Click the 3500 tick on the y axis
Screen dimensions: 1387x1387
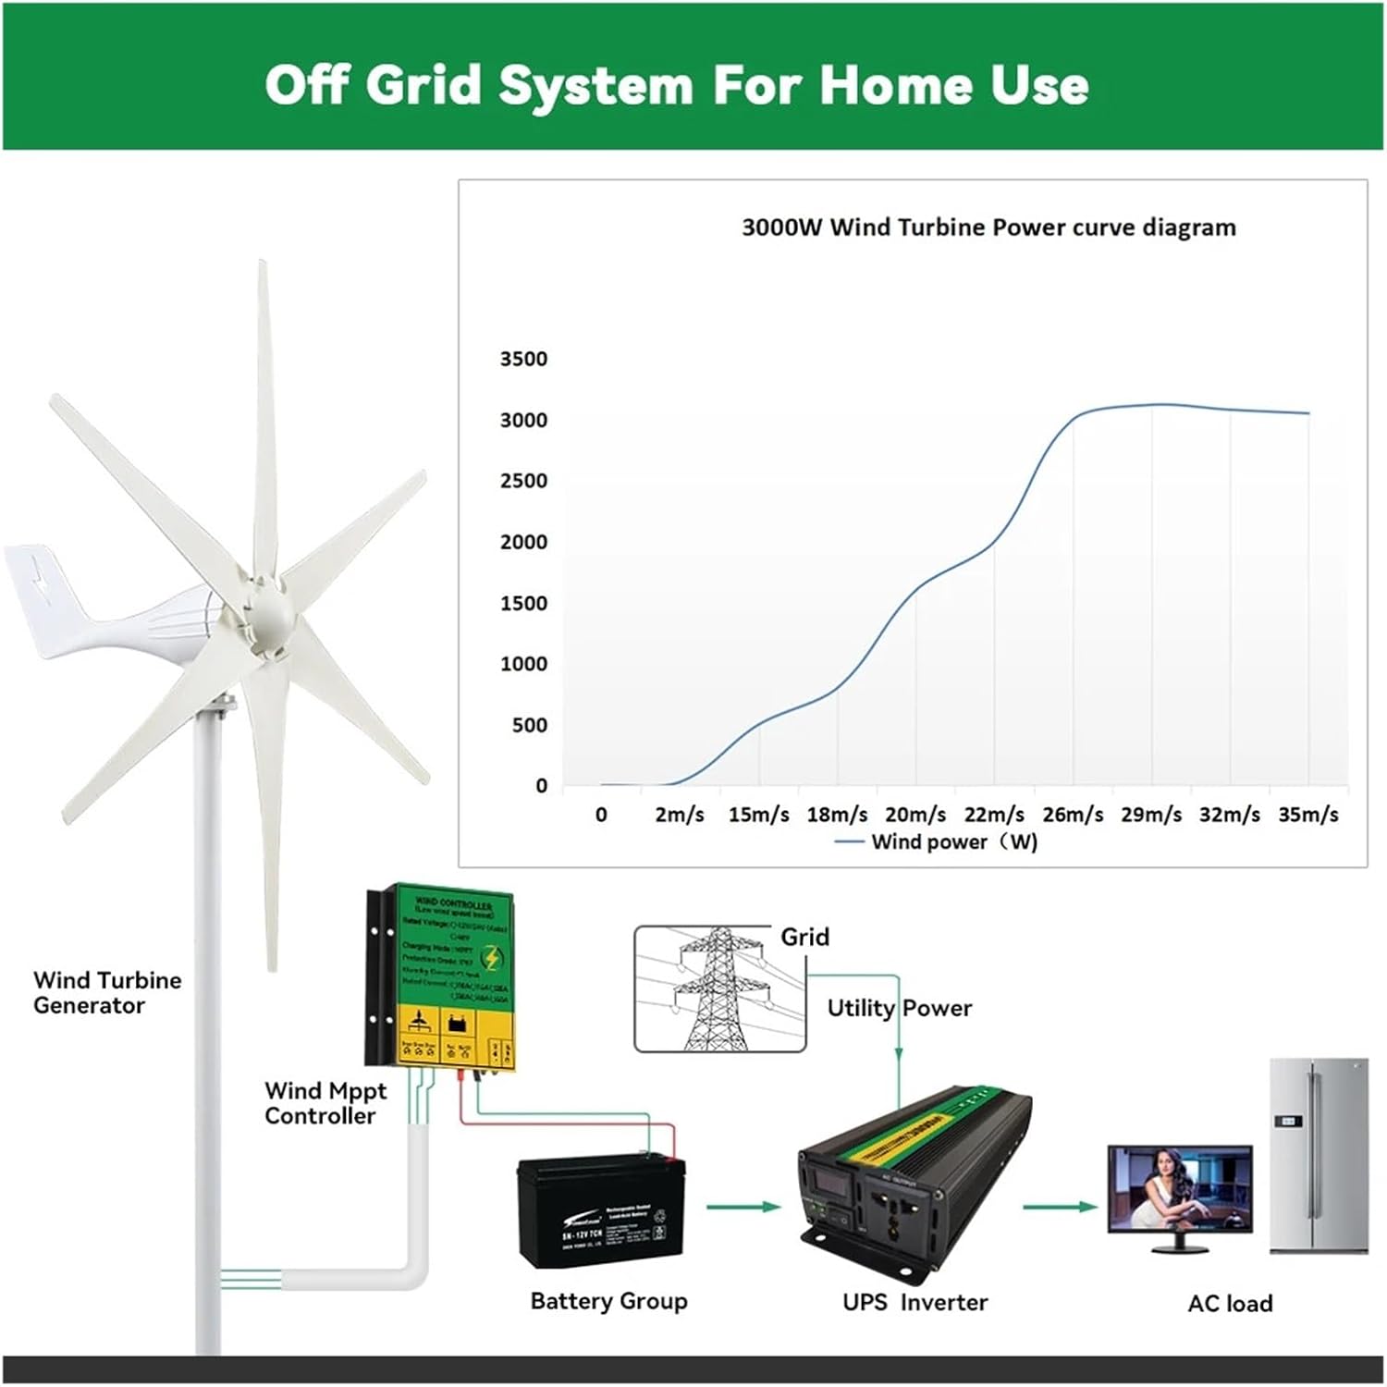pyautogui.click(x=523, y=359)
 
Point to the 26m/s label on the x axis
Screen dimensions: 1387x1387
pyautogui.click(x=1073, y=815)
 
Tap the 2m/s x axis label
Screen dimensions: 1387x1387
pyautogui.click(x=680, y=815)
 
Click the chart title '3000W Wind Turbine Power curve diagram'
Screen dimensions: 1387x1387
pyautogui.click(x=988, y=227)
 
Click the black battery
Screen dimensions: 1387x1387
pyautogui.click(x=602, y=1211)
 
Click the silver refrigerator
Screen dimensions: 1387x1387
pyautogui.click(x=1318, y=1156)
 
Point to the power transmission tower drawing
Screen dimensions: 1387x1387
pyautogui.click(x=717, y=989)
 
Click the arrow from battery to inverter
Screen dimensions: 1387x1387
pyautogui.click(x=743, y=1207)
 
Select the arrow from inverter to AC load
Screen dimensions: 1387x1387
pyautogui.click(x=1060, y=1207)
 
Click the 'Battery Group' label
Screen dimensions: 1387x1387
pyautogui.click(x=608, y=1301)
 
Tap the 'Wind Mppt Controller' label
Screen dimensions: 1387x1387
pyautogui.click(x=325, y=1103)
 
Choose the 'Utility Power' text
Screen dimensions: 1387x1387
pyautogui.click(x=899, y=1008)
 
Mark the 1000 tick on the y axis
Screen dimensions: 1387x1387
pyautogui.click(x=523, y=664)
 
